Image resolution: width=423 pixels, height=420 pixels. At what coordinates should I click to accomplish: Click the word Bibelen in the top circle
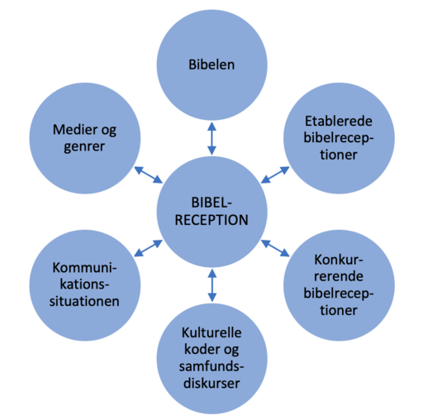[x=211, y=64]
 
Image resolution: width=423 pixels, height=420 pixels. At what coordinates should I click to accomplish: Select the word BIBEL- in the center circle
[x=211, y=203]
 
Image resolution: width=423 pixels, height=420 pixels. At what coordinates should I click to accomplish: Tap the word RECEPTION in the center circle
[x=211, y=220]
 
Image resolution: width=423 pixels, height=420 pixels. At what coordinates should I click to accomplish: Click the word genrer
[x=84, y=147]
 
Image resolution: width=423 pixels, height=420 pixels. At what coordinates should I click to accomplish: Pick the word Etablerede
[x=339, y=121]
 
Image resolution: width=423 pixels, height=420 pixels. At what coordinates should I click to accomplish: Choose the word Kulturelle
[x=211, y=332]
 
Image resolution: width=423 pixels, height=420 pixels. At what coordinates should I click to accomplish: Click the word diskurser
[x=211, y=383]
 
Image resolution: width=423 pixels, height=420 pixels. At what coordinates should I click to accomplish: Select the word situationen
[x=84, y=301]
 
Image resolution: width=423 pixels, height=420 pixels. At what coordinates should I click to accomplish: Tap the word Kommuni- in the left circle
[x=84, y=267]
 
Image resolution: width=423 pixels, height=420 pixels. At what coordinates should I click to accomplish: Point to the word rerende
[x=339, y=276]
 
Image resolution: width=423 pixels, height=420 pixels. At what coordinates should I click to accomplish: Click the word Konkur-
[x=339, y=260]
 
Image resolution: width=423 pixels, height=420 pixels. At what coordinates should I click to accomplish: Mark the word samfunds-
[x=211, y=367]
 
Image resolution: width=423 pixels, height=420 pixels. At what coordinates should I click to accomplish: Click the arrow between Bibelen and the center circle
[x=211, y=139]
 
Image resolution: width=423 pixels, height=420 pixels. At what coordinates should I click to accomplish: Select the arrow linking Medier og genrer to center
[x=149, y=175]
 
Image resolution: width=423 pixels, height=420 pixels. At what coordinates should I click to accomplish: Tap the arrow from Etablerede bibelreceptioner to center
[x=275, y=175]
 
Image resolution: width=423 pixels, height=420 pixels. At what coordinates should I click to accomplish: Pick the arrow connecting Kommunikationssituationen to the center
[x=149, y=248]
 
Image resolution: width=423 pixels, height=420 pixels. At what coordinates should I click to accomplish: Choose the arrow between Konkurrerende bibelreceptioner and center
[x=275, y=248]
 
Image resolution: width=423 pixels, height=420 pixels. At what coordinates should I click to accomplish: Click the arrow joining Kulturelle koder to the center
[x=211, y=285]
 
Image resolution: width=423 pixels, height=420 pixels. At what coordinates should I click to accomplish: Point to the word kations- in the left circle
[x=84, y=284]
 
